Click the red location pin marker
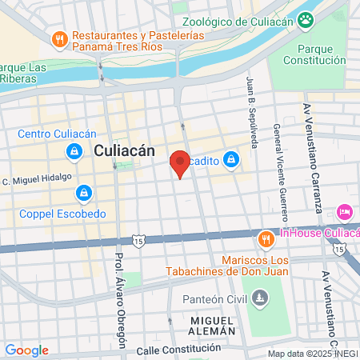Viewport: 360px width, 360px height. (181, 164)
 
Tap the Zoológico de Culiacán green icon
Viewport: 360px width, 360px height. (306, 19)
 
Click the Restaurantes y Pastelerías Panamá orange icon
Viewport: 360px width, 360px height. (58, 39)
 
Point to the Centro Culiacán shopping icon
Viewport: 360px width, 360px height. (74, 150)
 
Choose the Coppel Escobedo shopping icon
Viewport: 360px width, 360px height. (83, 194)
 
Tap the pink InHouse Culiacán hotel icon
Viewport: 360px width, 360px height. (345, 212)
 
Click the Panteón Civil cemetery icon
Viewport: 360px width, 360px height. (259, 299)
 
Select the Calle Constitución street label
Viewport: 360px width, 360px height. (178, 349)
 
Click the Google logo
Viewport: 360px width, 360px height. (26, 350)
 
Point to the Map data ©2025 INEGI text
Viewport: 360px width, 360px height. (311, 354)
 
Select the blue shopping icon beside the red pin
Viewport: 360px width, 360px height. (231, 160)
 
